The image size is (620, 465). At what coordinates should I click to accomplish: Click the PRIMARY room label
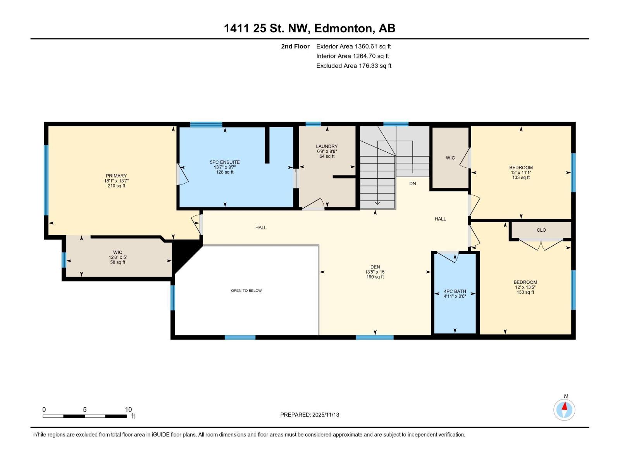pos(116,176)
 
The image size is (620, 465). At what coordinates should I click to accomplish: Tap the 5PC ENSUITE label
pos(225,162)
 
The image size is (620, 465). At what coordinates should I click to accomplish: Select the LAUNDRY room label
pos(327,146)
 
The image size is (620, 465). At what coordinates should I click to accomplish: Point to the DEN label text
pos(375,267)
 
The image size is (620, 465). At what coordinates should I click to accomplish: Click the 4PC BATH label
pos(455,291)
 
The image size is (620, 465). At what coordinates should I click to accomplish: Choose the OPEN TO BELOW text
pos(246,291)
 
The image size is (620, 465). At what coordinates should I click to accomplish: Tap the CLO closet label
pos(541,230)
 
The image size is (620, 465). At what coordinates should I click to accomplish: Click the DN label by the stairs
pos(412,184)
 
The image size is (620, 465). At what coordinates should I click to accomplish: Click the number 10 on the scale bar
pos(128,410)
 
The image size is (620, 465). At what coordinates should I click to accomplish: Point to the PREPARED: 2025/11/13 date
pos(310,415)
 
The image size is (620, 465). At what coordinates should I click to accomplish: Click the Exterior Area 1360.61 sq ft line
pos(353,46)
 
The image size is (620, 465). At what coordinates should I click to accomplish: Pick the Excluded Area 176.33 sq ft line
pos(353,66)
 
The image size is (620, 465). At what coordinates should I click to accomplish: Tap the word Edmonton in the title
pos(343,28)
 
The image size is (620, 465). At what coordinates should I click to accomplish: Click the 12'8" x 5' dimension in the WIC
pos(117,257)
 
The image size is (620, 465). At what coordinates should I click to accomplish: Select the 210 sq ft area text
pos(116,186)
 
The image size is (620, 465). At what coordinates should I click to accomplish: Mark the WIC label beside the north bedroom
pos(450,158)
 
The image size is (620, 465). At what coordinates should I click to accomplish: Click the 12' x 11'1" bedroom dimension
pos(521,173)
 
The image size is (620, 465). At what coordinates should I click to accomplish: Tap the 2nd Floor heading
pos(295,46)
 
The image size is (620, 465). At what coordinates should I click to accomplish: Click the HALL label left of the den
pos(261,228)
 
